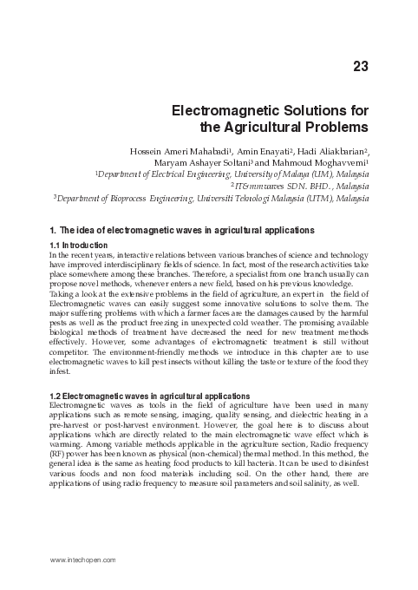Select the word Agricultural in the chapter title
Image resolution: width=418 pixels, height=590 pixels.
[x=269, y=128]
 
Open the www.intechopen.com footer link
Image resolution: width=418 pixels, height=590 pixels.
[x=84, y=560]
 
